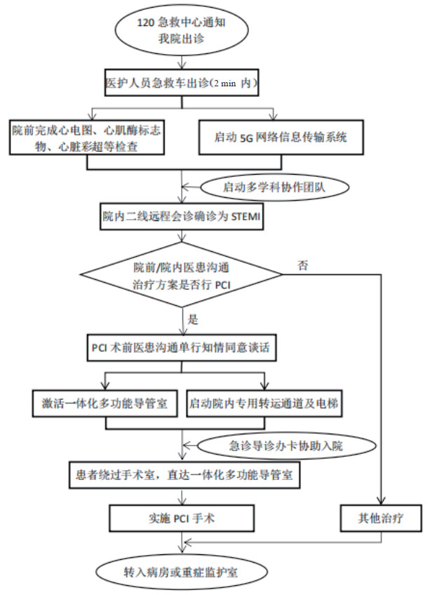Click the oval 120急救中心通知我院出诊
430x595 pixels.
[181, 31]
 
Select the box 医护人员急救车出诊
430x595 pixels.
[181, 83]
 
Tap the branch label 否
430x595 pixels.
[302, 265]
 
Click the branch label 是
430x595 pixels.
[194, 319]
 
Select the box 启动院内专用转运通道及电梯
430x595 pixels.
[266, 404]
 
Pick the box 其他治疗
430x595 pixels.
[382, 519]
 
